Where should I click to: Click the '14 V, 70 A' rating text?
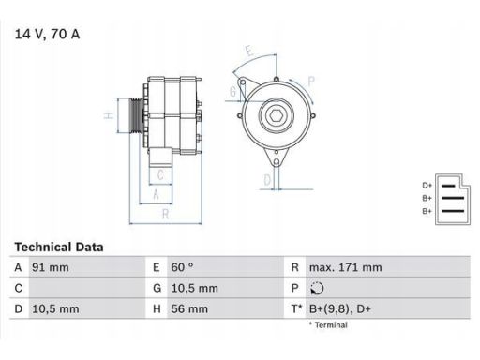click(x=47, y=34)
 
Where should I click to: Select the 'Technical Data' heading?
click(x=59, y=247)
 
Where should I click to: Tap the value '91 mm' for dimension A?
click(x=51, y=267)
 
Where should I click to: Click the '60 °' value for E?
click(x=182, y=267)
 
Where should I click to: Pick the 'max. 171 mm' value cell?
click(x=345, y=267)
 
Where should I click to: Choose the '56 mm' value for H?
click(x=189, y=309)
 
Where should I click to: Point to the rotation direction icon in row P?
click(x=317, y=288)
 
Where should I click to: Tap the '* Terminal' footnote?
click(x=328, y=325)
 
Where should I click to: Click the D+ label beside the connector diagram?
click(x=427, y=186)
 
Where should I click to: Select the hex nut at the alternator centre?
click(x=277, y=116)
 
